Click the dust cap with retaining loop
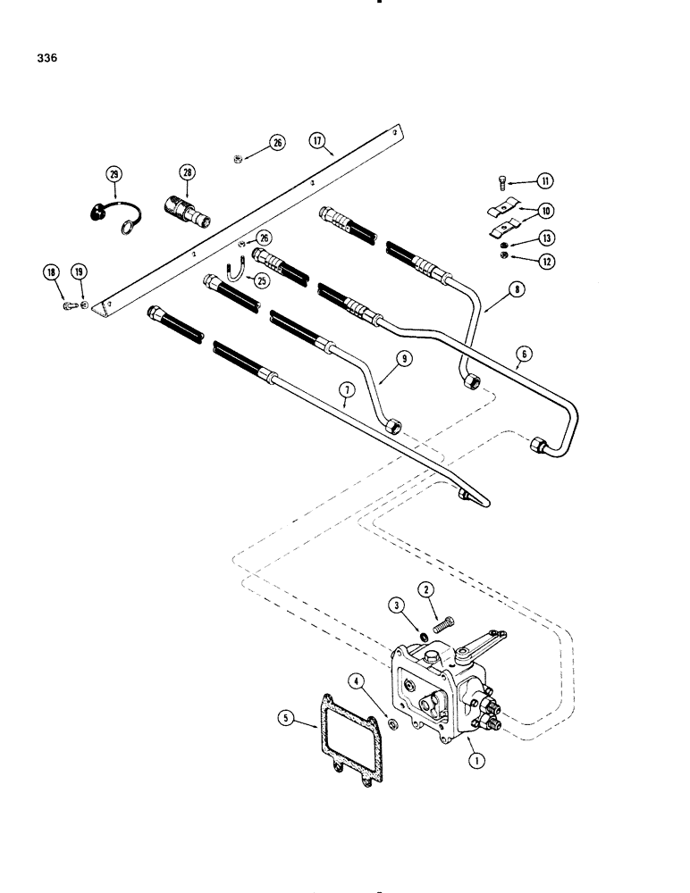pos(97,213)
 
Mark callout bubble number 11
pos(544,181)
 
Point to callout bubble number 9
pos(380,359)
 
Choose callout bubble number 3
pos(396,607)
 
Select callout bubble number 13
pos(544,238)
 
